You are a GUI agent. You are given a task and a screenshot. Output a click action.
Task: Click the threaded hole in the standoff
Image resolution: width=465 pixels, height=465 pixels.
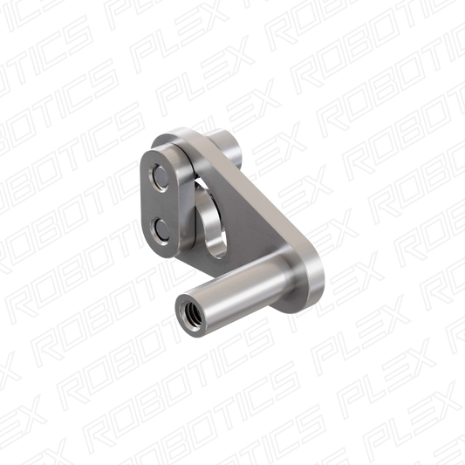(x=188, y=313)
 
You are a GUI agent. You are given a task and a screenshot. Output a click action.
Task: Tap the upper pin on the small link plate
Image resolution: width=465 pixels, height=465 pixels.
(x=161, y=177)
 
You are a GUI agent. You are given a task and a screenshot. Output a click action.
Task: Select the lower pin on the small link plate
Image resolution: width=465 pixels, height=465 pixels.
(x=161, y=230)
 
